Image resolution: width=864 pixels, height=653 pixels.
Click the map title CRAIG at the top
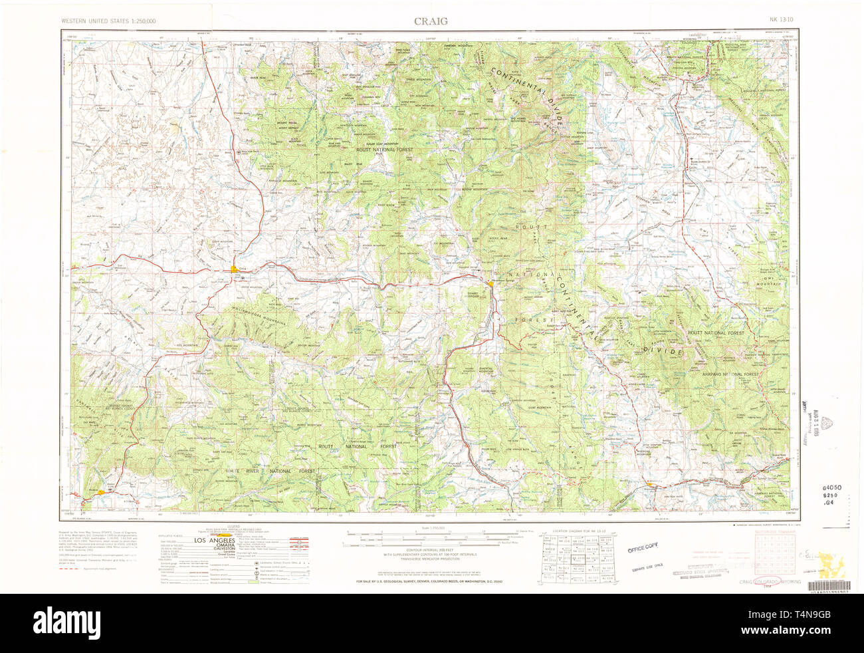click(x=431, y=21)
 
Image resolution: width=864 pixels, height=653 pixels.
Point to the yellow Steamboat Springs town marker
click(x=490, y=284)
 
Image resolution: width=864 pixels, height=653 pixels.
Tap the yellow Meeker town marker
click(x=100, y=492)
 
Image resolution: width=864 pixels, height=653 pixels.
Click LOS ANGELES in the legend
click(x=214, y=541)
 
